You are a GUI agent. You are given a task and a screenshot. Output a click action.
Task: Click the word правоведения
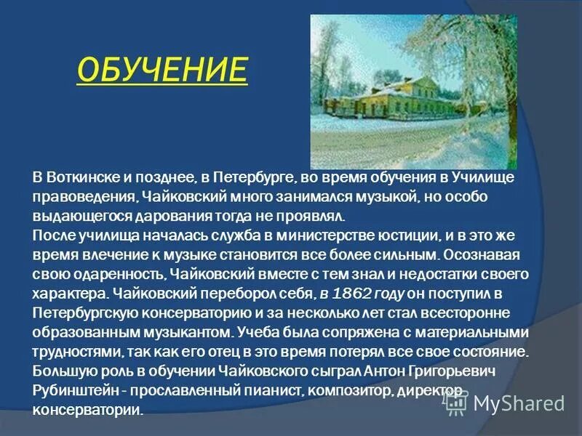click(x=82, y=197)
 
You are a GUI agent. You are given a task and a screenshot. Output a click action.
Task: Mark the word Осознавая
click(x=483, y=255)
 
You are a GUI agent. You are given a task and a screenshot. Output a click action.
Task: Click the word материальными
click(x=475, y=332)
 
